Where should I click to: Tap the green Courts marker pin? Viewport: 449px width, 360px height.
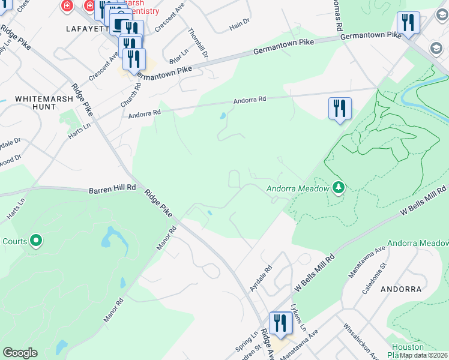point(36,241)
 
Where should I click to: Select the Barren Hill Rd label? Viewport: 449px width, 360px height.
point(112,188)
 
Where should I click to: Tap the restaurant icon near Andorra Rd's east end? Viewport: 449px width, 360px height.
point(340,109)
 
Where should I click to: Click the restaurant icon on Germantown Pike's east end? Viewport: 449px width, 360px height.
point(408,23)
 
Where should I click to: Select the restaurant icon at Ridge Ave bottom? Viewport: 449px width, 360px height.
point(280,323)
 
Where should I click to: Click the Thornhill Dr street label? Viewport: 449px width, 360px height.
point(197,43)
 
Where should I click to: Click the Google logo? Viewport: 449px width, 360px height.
point(20,353)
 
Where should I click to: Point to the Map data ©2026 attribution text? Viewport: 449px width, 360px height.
point(424,355)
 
